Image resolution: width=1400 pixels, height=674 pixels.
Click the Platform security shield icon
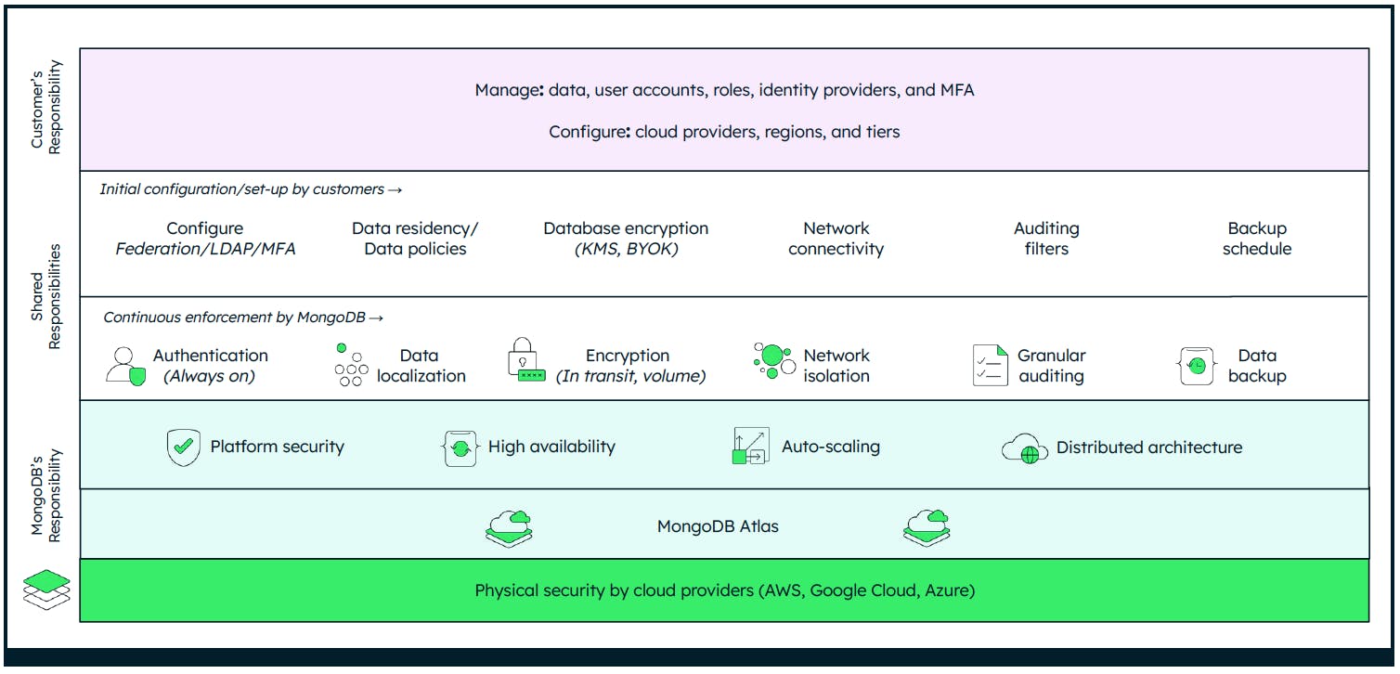tap(184, 447)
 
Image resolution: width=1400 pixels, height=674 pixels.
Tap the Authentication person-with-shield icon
tap(125, 366)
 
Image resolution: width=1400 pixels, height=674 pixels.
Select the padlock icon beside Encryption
tap(526, 361)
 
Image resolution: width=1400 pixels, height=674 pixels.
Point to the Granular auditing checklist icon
tap(990, 366)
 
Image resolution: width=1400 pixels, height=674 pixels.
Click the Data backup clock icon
tap(1196, 366)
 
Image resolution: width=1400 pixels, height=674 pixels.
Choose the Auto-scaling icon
tap(750, 447)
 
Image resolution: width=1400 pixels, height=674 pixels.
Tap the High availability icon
tap(460, 447)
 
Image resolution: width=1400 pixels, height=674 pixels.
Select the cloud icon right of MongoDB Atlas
tap(927, 527)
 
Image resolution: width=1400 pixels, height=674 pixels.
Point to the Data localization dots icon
tap(350, 366)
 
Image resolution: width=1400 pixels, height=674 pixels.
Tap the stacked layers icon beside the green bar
tap(46, 590)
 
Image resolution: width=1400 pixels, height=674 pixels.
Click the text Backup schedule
tap(1256, 239)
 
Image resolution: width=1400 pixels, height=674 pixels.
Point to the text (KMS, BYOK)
tap(626, 249)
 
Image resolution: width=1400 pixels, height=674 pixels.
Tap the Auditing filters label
tap(1046, 239)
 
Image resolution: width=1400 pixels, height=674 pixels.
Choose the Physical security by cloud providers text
tap(724, 590)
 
